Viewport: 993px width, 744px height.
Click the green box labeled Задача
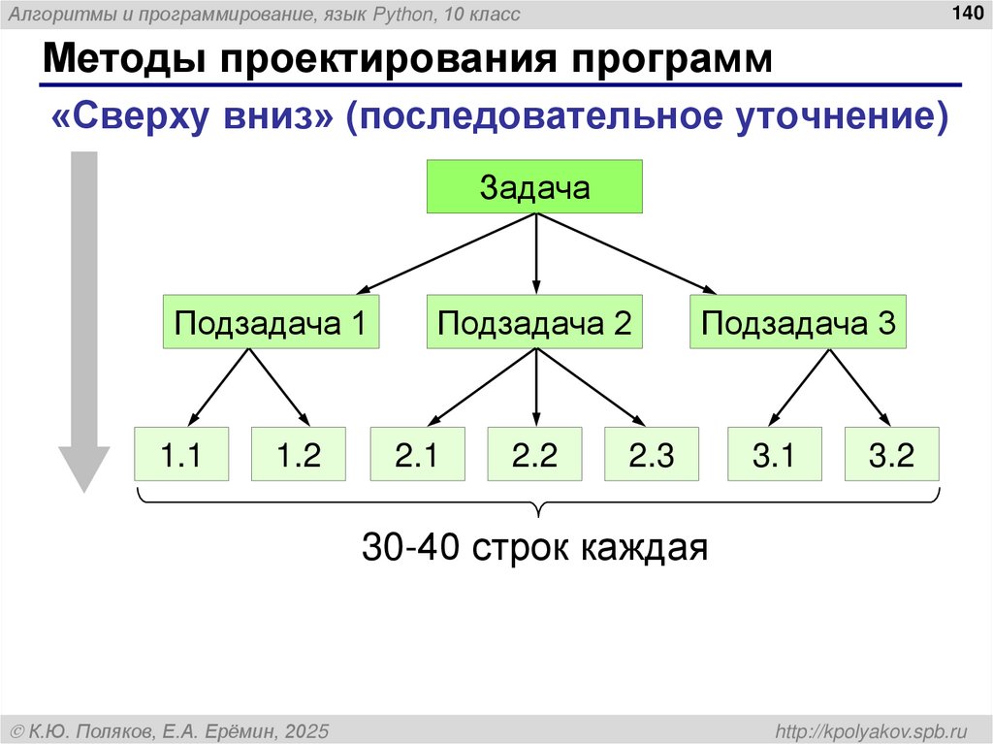coord(535,186)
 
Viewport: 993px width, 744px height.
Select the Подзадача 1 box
coord(270,322)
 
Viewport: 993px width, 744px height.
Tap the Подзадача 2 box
coord(535,322)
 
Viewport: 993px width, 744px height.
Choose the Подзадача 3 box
coord(798,322)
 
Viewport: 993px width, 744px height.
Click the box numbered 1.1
coord(181,454)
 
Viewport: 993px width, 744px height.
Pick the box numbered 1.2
coord(299,454)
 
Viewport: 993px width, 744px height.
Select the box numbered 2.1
coord(417,454)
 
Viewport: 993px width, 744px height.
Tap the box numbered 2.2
coord(535,454)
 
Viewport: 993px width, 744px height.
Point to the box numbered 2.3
coord(652,454)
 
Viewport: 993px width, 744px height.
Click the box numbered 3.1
coord(775,454)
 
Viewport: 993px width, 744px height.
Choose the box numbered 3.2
coord(892,454)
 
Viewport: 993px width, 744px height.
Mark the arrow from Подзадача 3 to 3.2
coord(858,388)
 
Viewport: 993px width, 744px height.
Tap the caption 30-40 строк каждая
coord(535,548)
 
